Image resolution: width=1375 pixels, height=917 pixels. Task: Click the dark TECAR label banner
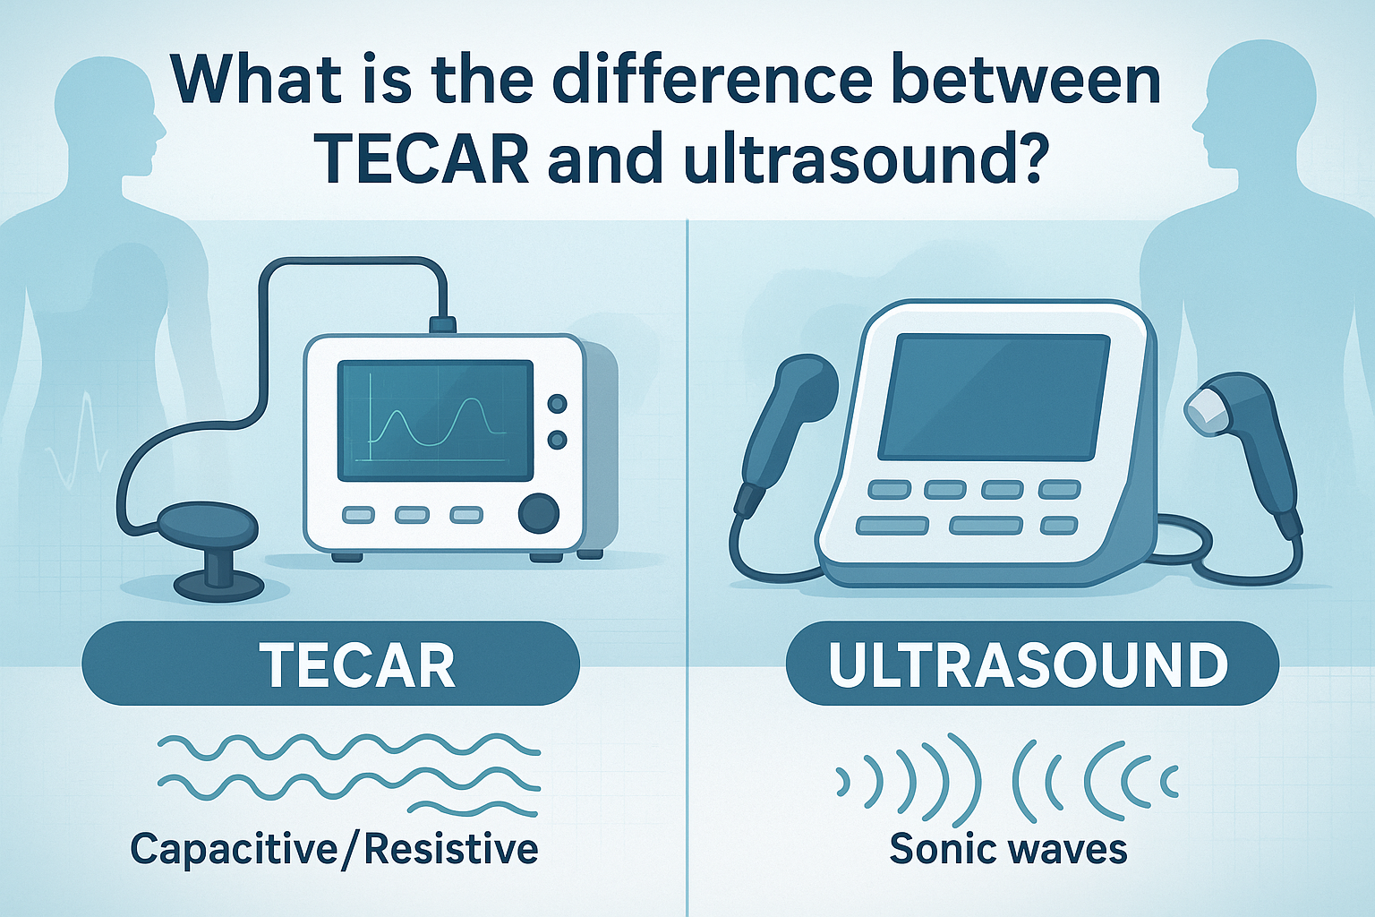pos(330,664)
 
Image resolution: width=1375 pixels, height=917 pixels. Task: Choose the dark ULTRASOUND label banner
pos(1031,664)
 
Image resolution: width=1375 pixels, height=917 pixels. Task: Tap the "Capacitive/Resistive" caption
pos(334,848)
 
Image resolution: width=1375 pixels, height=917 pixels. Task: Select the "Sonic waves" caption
pos(1008,848)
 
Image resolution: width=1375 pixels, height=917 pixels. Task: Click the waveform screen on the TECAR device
pos(435,420)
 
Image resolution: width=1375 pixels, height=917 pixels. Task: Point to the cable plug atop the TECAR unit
pos(443,324)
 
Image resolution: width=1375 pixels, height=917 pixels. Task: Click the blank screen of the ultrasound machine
pos(994,396)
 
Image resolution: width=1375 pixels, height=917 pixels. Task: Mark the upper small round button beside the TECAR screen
pos(557,405)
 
